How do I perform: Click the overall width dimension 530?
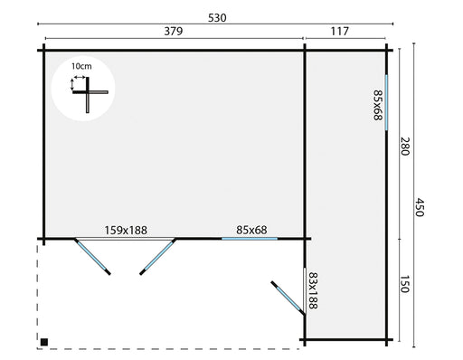217,18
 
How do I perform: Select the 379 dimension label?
174,31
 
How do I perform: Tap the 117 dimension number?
340,31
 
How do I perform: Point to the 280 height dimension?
405,147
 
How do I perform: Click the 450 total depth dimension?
420,207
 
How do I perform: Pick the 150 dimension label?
404,284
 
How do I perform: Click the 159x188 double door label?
126,231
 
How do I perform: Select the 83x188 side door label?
313,290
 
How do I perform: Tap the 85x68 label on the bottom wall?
251,230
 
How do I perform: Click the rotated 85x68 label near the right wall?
378,105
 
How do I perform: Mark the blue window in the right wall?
386,102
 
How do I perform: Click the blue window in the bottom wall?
250,239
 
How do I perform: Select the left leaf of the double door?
92,257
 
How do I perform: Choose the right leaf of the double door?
158,257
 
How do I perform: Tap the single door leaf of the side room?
288,298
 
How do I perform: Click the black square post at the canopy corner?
44,342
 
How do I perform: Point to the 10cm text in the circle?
81,67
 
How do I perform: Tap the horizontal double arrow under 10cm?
80,78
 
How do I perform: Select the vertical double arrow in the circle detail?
71,84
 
